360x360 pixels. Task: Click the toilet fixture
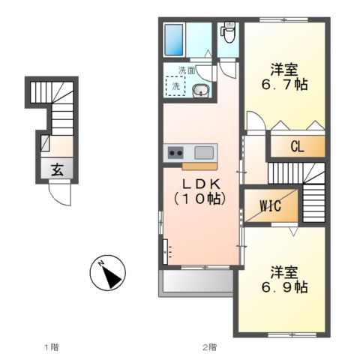coord(227,32)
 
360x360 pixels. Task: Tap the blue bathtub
coord(174,40)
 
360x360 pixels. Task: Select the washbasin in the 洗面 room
coord(201,91)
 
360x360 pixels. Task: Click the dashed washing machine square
coord(175,86)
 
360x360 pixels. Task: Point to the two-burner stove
coord(175,153)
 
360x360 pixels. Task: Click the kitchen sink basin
coord(204,153)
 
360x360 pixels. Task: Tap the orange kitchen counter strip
coord(199,166)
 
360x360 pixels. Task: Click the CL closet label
coord(297,147)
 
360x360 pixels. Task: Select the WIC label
coord(270,206)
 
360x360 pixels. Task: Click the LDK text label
coord(201,184)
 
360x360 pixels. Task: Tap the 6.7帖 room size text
coord(284,85)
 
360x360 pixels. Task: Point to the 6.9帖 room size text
coord(284,287)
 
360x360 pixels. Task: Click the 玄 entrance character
coord(57,170)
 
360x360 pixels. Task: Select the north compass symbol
coord(108,273)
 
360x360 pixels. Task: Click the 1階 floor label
coord(52,347)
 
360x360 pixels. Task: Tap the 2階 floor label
coord(209,347)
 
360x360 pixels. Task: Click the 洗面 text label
coord(187,71)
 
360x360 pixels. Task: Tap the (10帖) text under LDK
coord(200,199)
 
